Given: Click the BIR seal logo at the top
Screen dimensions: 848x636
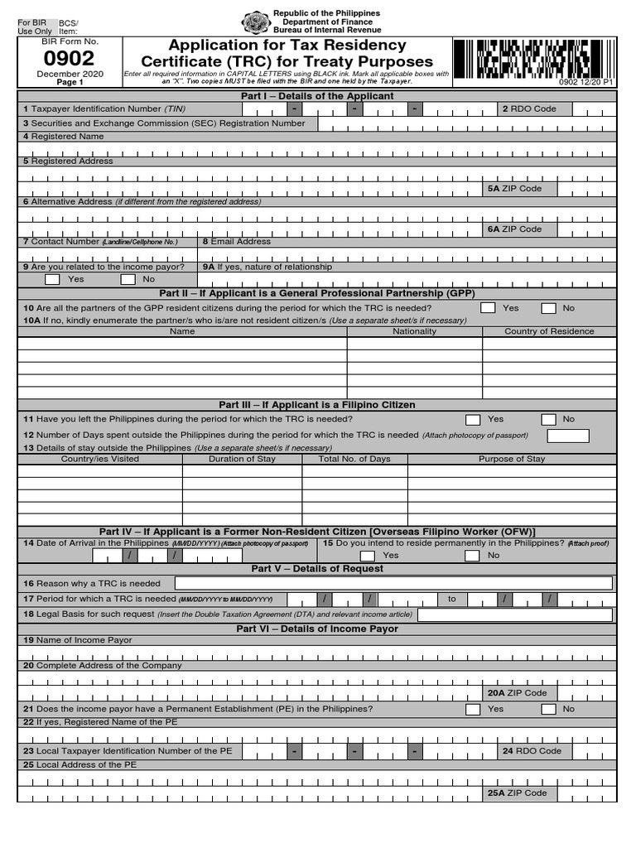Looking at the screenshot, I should coord(256,23).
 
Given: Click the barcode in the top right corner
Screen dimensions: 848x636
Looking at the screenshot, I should coord(534,58).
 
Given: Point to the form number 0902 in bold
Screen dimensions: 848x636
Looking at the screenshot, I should coord(70,59).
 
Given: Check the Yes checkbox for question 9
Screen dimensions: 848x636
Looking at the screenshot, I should coord(52,280).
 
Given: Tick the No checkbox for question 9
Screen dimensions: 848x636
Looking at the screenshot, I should coord(128,280).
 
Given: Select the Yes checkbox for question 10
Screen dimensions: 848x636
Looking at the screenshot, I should coord(489,308).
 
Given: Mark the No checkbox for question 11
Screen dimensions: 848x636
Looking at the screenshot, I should coord(548,420).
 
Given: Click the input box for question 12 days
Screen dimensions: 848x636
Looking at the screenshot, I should coord(568,436).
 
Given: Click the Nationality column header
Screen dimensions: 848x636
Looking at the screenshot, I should coord(414,331).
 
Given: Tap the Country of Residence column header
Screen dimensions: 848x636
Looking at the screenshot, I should coord(549,331).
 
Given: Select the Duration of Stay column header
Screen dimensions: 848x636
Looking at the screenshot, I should coord(242,459).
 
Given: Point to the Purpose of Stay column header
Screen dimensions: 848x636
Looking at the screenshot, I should coord(512,459).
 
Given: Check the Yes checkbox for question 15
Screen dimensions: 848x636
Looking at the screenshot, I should coord(369,556).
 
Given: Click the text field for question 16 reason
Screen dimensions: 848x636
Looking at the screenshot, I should coord(393,584).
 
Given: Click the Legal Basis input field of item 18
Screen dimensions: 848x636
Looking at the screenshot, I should coord(515,614).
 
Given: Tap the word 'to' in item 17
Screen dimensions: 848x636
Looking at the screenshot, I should coord(452,599).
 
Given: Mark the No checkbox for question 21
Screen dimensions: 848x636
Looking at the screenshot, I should coord(548,710).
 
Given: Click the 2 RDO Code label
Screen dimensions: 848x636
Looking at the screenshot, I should coord(530,109).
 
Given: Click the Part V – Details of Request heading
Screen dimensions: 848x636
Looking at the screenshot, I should coord(317,569).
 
